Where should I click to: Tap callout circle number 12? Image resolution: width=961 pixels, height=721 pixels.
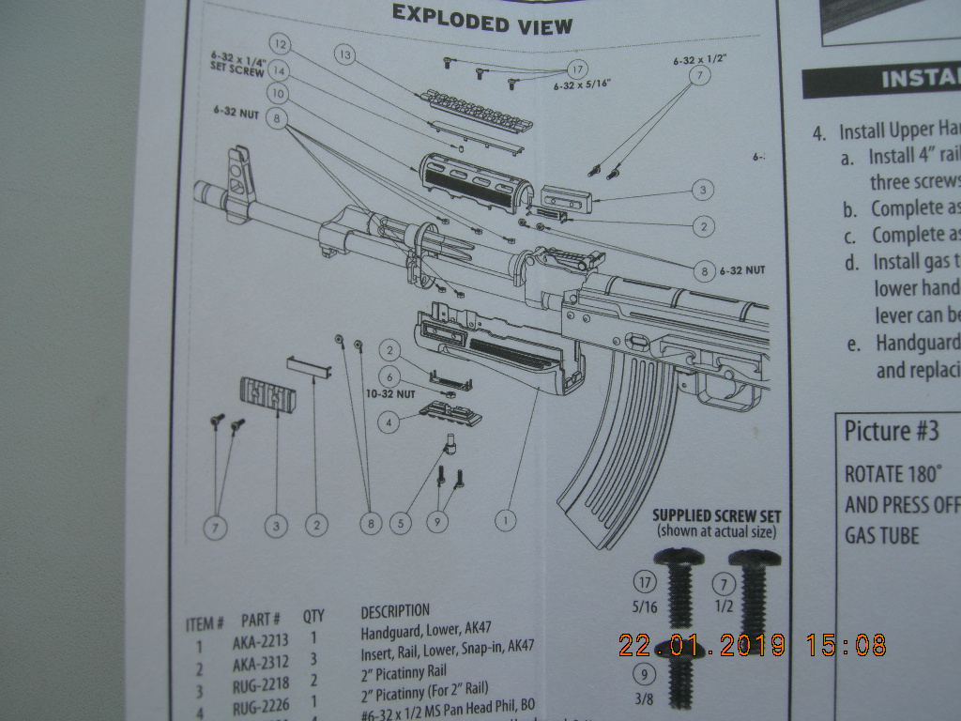click(x=280, y=43)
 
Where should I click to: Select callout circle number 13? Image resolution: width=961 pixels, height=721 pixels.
click(x=347, y=56)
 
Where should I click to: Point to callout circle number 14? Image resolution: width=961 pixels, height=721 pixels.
click(x=280, y=69)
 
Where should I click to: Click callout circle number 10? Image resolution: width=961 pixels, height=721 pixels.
click(x=276, y=94)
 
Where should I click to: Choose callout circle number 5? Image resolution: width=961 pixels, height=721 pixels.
click(x=402, y=522)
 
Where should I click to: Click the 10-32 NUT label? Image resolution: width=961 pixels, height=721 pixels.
click(x=390, y=395)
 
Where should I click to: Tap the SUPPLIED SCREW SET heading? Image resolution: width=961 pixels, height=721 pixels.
click(x=716, y=515)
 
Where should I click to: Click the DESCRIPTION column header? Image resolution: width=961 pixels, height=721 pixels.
click(x=395, y=611)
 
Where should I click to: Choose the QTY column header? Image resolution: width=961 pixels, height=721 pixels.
click(x=313, y=616)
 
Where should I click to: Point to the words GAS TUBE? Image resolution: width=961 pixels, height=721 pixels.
click(x=881, y=535)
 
